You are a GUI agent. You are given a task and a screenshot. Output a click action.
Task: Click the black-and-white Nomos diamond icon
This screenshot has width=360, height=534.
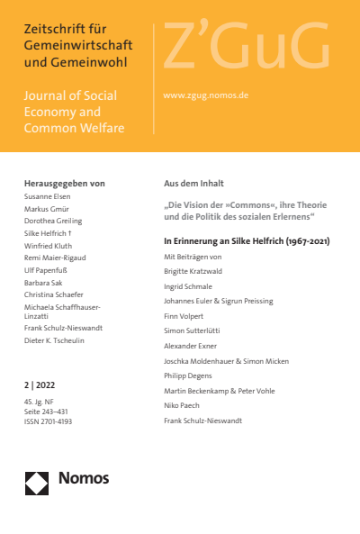tap(37, 484)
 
